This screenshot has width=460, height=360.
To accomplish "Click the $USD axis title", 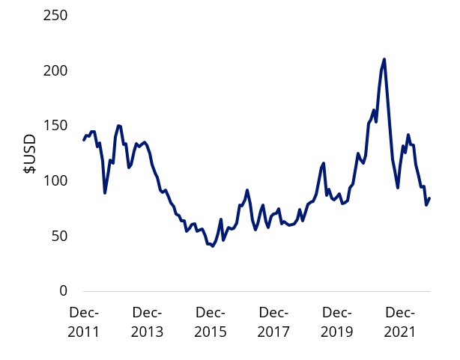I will (x=29, y=153).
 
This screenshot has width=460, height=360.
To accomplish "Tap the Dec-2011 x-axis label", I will (x=83, y=322).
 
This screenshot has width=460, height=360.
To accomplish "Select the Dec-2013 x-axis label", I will (x=147, y=322).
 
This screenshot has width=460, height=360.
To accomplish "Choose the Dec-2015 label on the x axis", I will (x=211, y=322).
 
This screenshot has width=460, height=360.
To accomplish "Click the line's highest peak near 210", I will (x=384, y=59).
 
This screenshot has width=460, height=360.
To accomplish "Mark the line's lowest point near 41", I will (x=213, y=246).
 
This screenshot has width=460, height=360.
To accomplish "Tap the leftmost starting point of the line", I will (x=83, y=140).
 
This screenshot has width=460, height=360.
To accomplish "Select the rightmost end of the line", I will (x=429, y=198).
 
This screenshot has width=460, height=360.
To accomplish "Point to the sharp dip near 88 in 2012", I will (x=105, y=193).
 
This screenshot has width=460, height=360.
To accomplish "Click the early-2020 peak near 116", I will (x=324, y=163).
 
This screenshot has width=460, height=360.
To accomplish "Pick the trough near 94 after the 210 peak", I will (x=398, y=187).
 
